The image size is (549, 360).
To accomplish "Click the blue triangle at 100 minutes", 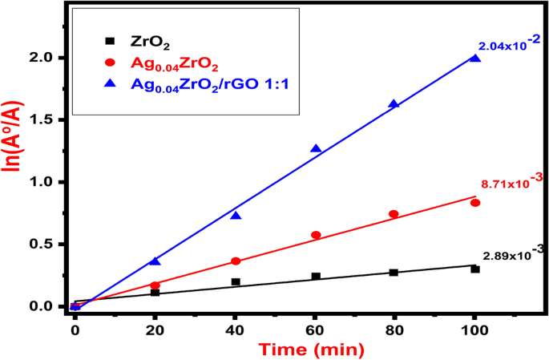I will click(475, 59).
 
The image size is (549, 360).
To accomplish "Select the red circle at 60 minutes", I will click(316, 235).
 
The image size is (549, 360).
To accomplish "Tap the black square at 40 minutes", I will click(236, 281).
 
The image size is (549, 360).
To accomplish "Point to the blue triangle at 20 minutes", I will click(155, 261).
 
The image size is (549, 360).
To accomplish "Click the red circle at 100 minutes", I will click(475, 203).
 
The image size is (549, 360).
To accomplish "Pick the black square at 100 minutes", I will click(475, 269).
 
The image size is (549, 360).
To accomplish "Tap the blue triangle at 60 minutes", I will click(316, 149).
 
